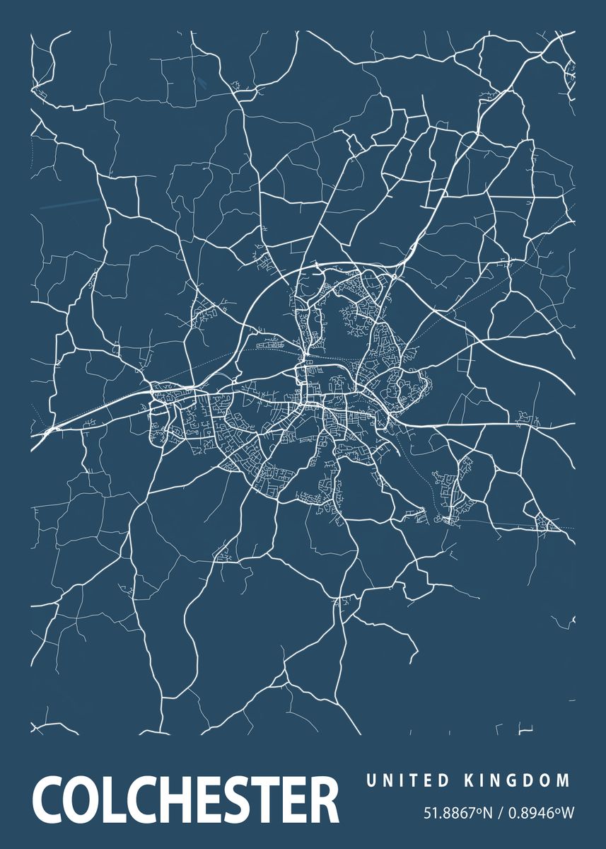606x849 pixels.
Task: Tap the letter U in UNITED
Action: point(371,781)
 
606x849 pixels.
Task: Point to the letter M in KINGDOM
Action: point(563,781)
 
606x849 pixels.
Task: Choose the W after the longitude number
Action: point(569,814)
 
